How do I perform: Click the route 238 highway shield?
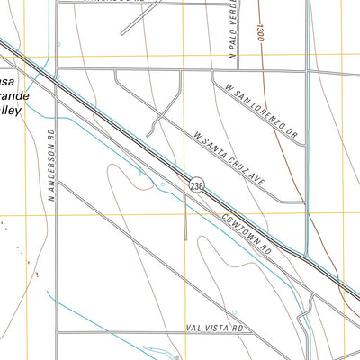pyautogui.click(x=196, y=184)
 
